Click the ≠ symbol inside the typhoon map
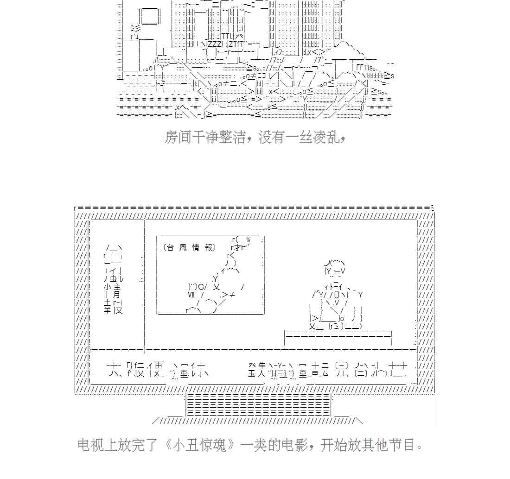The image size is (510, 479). click(x=232, y=295)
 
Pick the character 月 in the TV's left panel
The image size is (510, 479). click(x=116, y=295)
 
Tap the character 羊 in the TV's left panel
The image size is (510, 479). click(x=107, y=310)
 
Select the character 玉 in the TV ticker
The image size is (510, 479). click(x=252, y=373)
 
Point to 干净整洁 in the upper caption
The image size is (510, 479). click(x=218, y=137)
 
